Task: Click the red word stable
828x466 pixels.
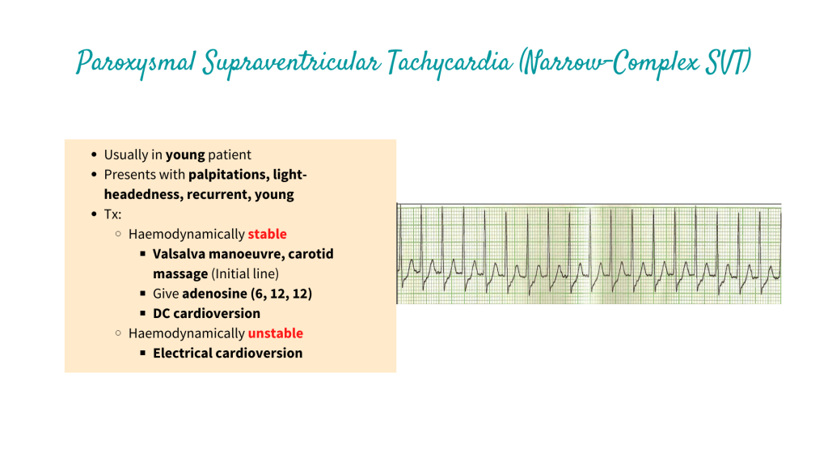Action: click(x=267, y=234)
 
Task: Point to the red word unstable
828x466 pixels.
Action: click(x=275, y=333)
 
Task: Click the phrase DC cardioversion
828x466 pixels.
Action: click(x=206, y=313)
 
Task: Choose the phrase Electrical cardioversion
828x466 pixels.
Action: click(x=227, y=353)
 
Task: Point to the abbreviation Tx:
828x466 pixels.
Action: click(x=113, y=214)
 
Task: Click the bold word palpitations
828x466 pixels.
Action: click(x=228, y=175)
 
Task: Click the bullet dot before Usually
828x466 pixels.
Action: click(x=95, y=155)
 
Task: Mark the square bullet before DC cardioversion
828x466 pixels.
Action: click(x=142, y=313)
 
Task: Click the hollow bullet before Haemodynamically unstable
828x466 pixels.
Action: click(x=119, y=333)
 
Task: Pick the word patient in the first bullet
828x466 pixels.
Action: click(x=230, y=155)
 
